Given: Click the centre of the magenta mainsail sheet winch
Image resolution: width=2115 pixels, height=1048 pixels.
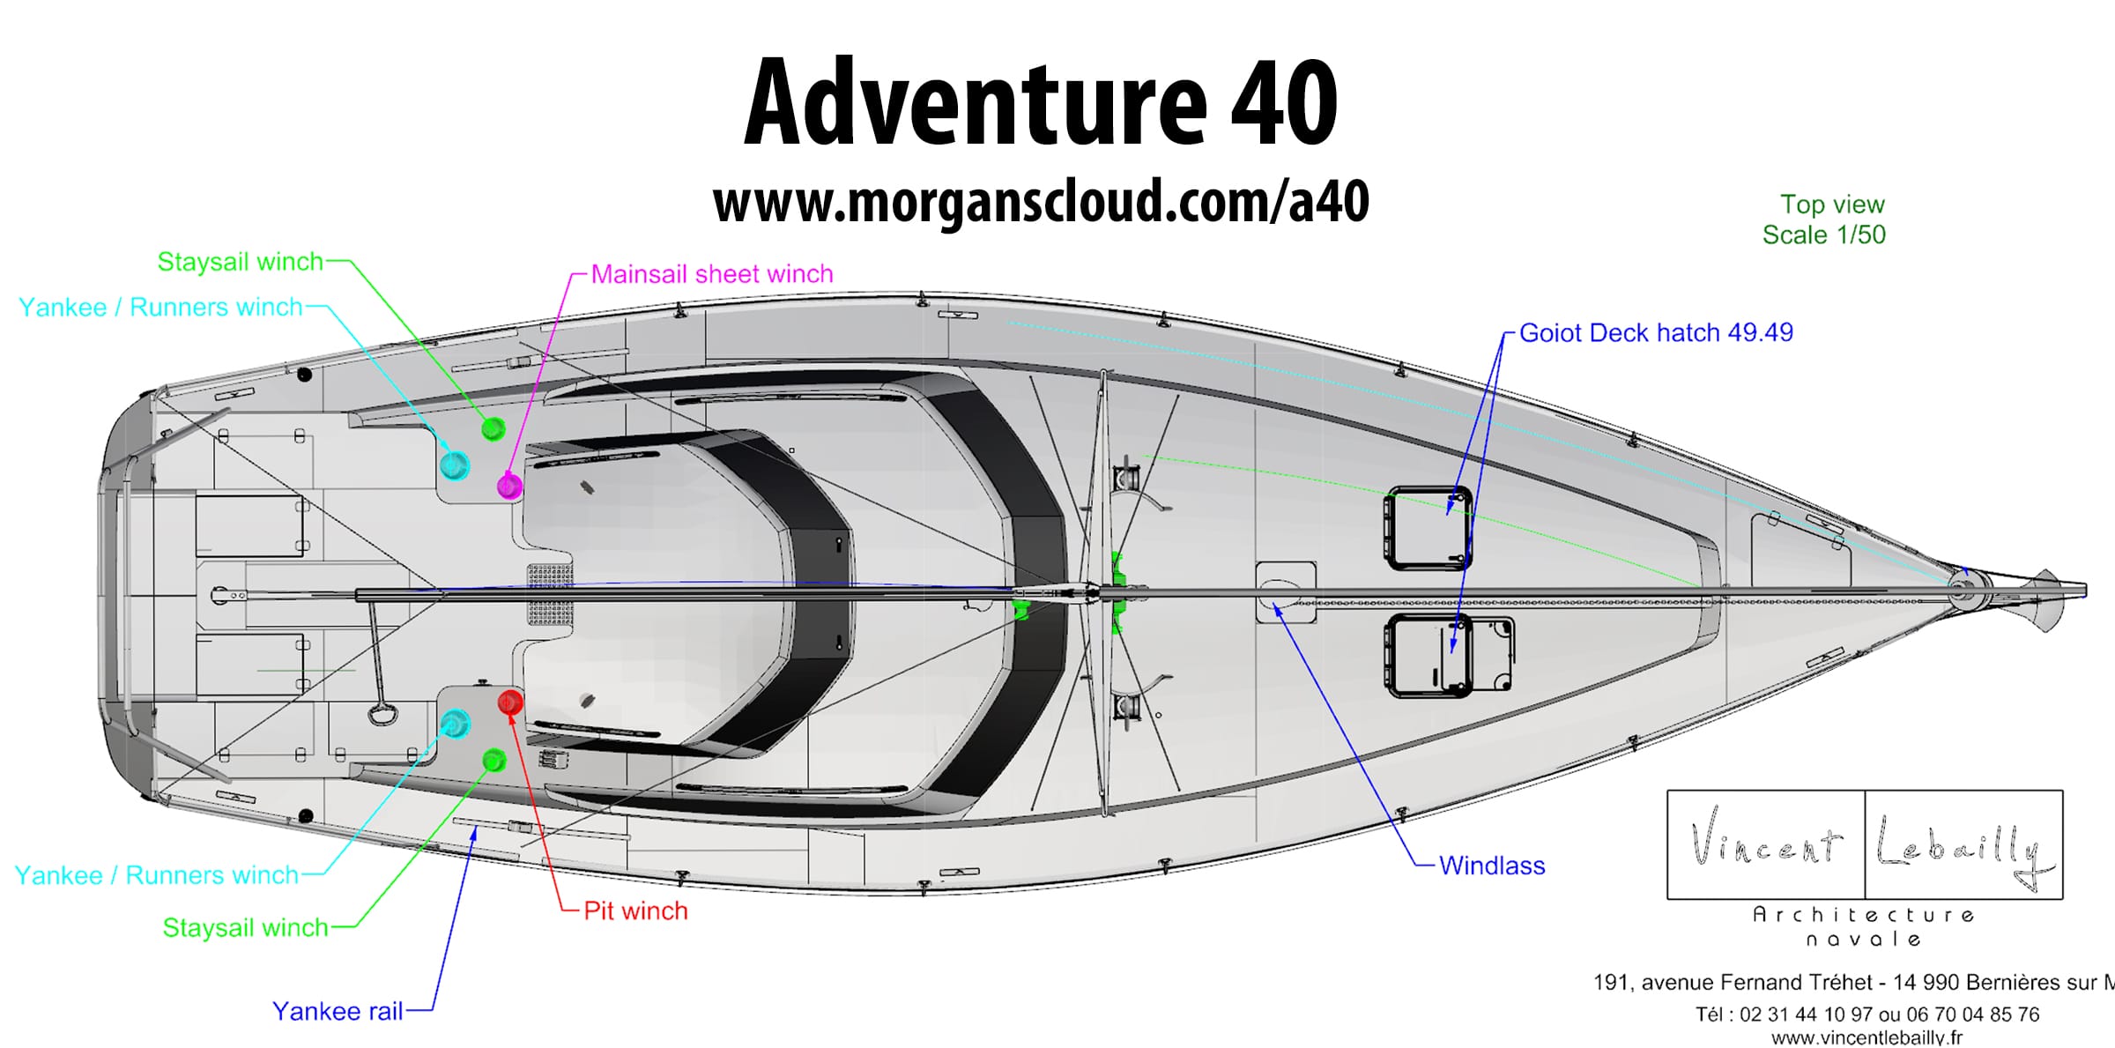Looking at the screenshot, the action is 509,486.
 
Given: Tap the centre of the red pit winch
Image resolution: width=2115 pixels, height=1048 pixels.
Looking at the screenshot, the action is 510,702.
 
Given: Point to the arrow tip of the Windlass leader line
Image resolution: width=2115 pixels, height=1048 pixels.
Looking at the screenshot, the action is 1274,606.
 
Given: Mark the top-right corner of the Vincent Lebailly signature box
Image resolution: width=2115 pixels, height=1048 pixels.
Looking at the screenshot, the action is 2063,791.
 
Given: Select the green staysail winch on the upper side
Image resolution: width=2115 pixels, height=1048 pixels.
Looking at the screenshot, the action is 493,429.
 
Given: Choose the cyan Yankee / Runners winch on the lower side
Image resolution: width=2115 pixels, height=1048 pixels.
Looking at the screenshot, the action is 455,725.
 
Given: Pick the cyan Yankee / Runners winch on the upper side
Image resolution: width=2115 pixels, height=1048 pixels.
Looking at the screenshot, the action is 455,465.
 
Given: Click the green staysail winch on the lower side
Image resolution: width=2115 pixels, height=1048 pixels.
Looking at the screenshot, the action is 494,760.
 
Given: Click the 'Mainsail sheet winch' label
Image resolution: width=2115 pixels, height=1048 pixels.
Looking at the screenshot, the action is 712,274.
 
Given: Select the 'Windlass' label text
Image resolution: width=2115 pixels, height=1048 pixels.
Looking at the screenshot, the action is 1492,866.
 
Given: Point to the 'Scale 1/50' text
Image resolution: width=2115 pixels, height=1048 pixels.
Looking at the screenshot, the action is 1824,234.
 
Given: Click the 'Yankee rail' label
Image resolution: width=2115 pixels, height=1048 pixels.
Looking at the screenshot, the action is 338,1011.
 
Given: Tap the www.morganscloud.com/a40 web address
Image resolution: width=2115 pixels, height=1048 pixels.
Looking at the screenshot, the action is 1041,202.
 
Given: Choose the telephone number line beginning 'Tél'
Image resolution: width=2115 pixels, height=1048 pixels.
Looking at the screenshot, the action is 1867,1015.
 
